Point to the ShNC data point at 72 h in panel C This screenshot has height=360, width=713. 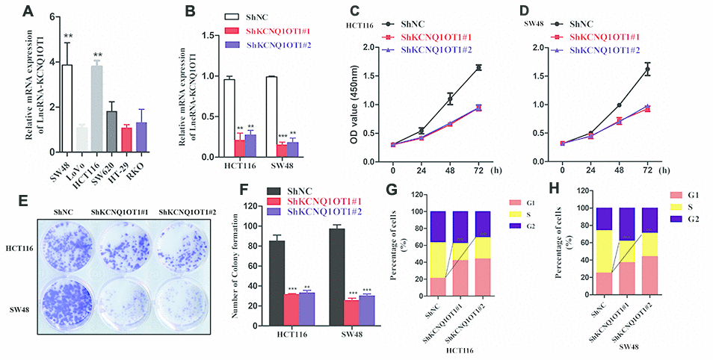[x=478, y=68]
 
